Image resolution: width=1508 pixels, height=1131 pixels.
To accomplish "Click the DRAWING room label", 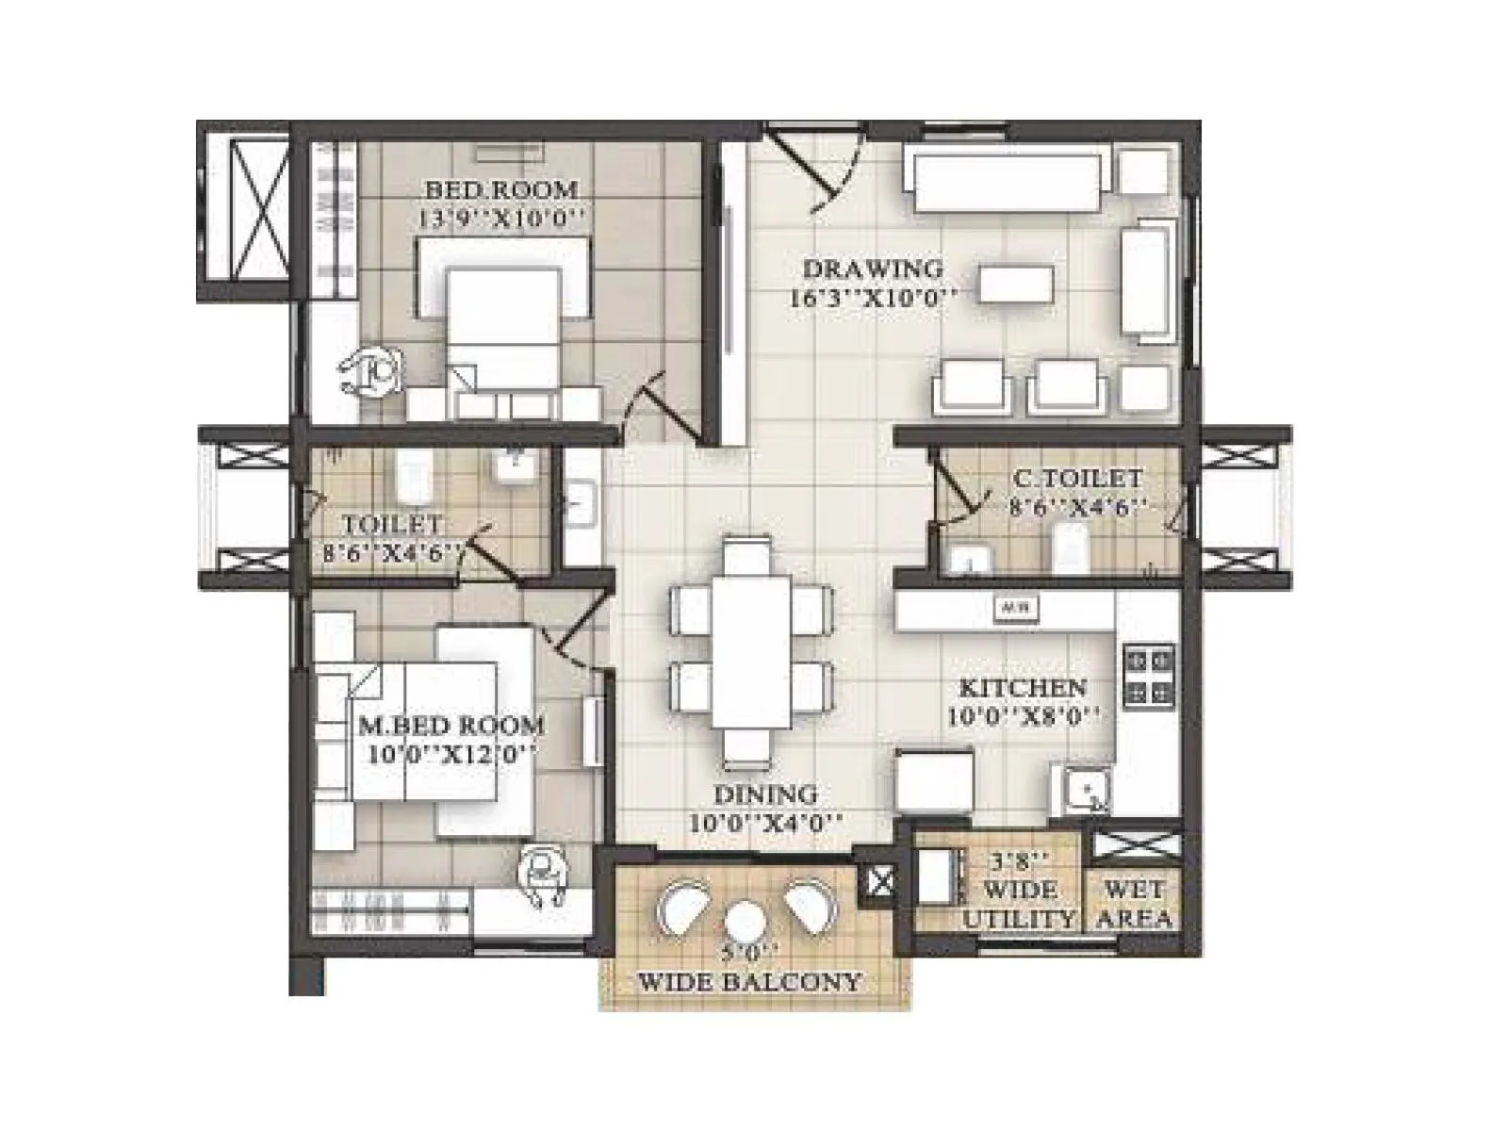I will click(872, 269).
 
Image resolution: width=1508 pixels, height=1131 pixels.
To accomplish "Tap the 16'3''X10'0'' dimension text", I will click(872, 300).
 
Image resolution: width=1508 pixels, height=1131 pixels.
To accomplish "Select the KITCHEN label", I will click(1023, 687).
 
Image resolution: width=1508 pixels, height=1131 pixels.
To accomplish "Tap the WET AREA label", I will click(1135, 903).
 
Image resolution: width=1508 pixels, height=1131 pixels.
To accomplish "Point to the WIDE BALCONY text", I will click(750, 982).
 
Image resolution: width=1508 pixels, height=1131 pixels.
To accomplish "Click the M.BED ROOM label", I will click(451, 726).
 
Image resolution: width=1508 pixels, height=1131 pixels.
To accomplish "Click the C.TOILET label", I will click(1077, 479).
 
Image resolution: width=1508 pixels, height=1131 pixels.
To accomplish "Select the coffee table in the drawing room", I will click(1015, 284).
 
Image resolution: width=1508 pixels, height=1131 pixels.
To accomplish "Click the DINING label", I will click(764, 794).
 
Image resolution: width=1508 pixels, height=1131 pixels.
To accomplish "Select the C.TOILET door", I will click(957, 490).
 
